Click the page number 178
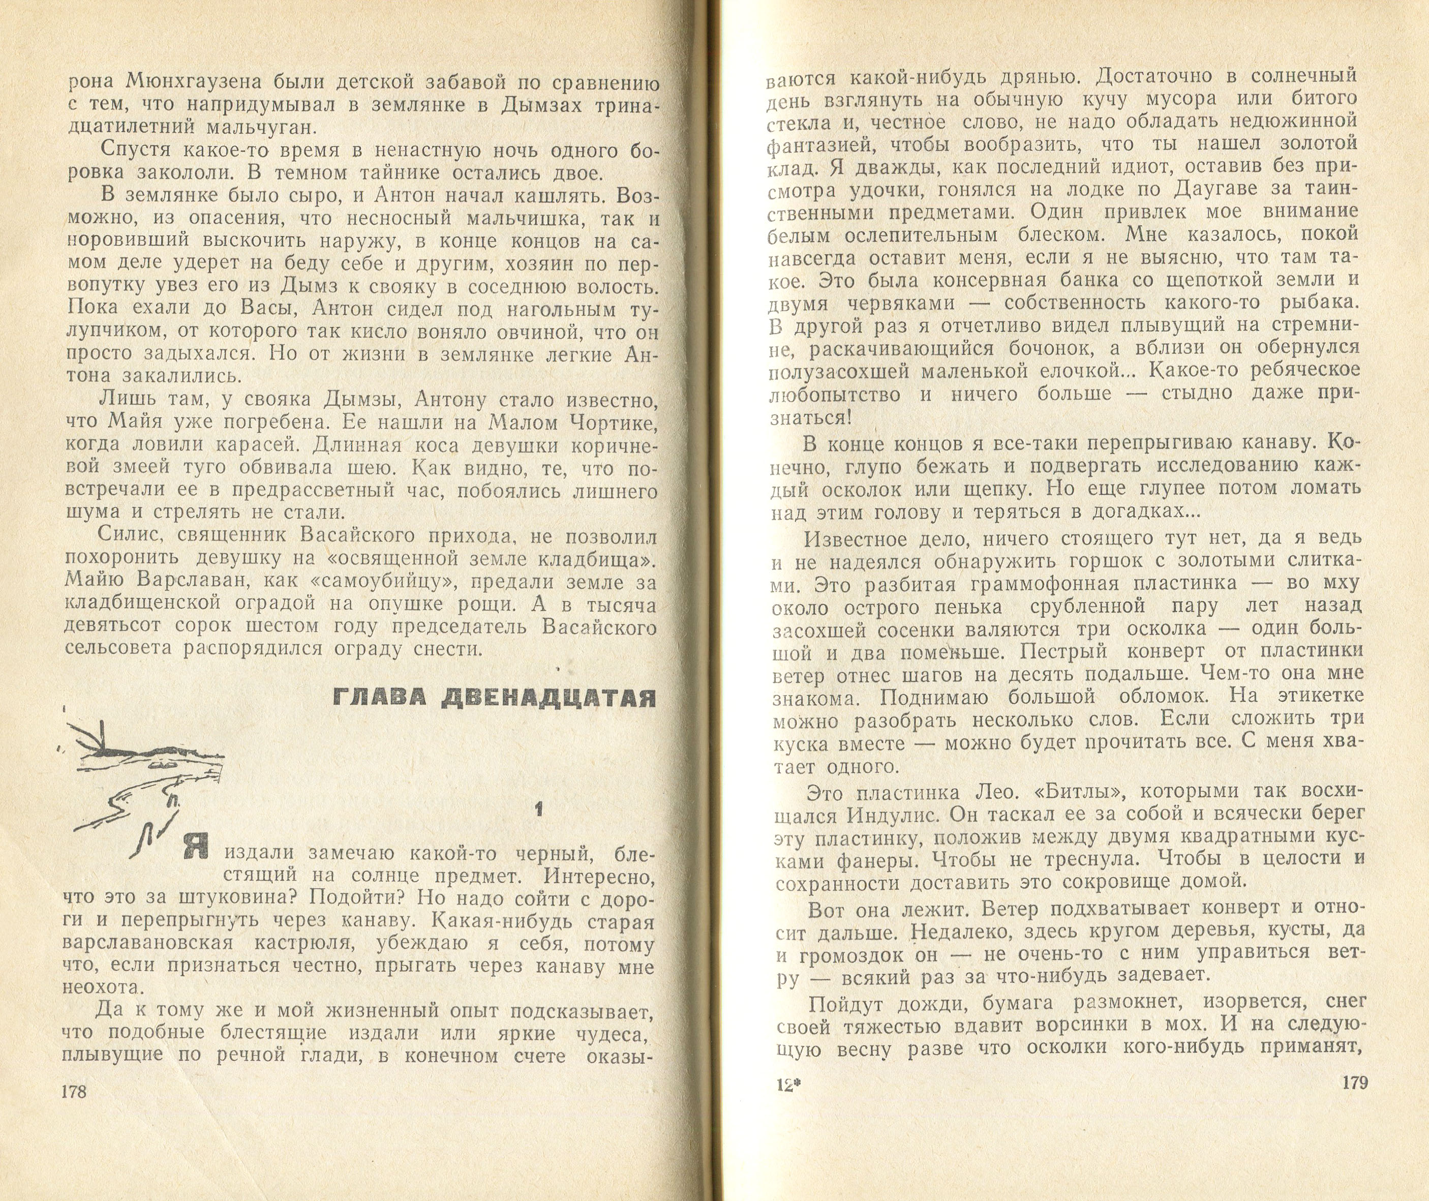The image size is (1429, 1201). [x=74, y=1110]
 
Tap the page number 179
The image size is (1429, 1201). [x=1354, y=1101]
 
